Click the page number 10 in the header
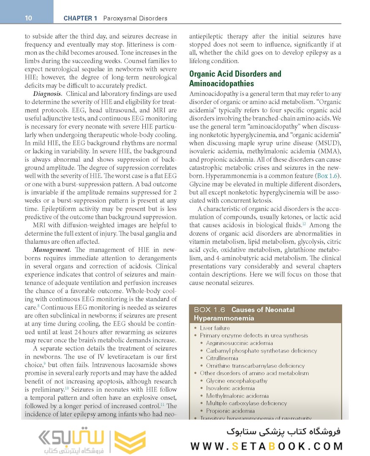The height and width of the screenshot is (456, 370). coord(29,18)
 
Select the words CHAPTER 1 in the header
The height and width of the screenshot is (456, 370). coord(80,18)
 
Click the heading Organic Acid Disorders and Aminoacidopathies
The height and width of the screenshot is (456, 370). coord(235,79)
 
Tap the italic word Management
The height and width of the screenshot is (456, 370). coord(51,250)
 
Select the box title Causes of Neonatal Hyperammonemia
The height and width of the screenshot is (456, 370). coord(244,314)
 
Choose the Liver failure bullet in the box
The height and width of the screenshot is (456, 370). coord(215,328)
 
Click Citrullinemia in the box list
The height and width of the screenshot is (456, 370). coord(222,358)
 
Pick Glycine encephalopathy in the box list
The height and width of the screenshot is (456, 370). coord(237,381)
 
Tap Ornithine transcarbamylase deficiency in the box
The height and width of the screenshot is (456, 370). coord(255,366)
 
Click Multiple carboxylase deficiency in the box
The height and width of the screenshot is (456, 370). coord(246,403)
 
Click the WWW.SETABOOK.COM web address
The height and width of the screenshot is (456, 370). coord(267,446)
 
